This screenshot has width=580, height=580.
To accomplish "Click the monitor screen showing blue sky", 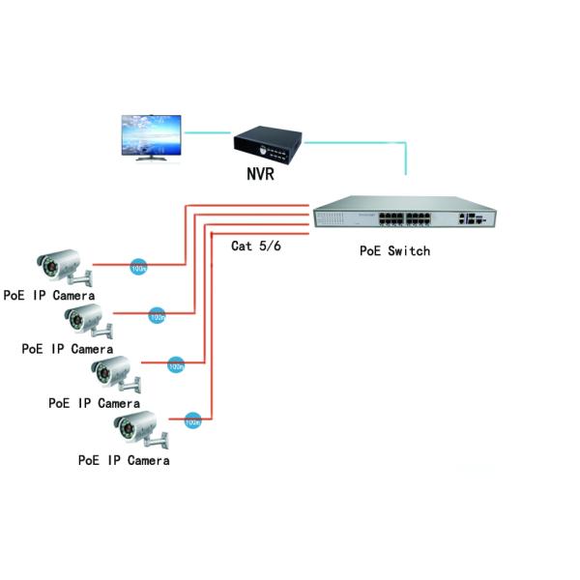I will pyautogui.click(x=150, y=134).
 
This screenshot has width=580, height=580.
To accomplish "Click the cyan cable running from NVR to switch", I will pyautogui.click(x=367, y=140).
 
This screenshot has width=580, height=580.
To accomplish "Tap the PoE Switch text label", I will pyautogui.click(x=394, y=251).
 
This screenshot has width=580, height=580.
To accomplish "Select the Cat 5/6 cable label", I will pyautogui.click(x=256, y=246).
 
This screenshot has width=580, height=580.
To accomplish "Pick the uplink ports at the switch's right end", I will pyautogui.click(x=471, y=218).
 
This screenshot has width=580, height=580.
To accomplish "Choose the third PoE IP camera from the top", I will pyautogui.click(x=114, y=373).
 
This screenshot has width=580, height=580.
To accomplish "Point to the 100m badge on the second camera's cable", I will pyautogui.click(x=157, y=315).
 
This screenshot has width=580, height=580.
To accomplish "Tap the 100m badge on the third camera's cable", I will pyautogui.click(x=176, y=365).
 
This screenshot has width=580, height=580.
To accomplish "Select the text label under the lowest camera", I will pyautogui.click(x=124, y=460).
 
